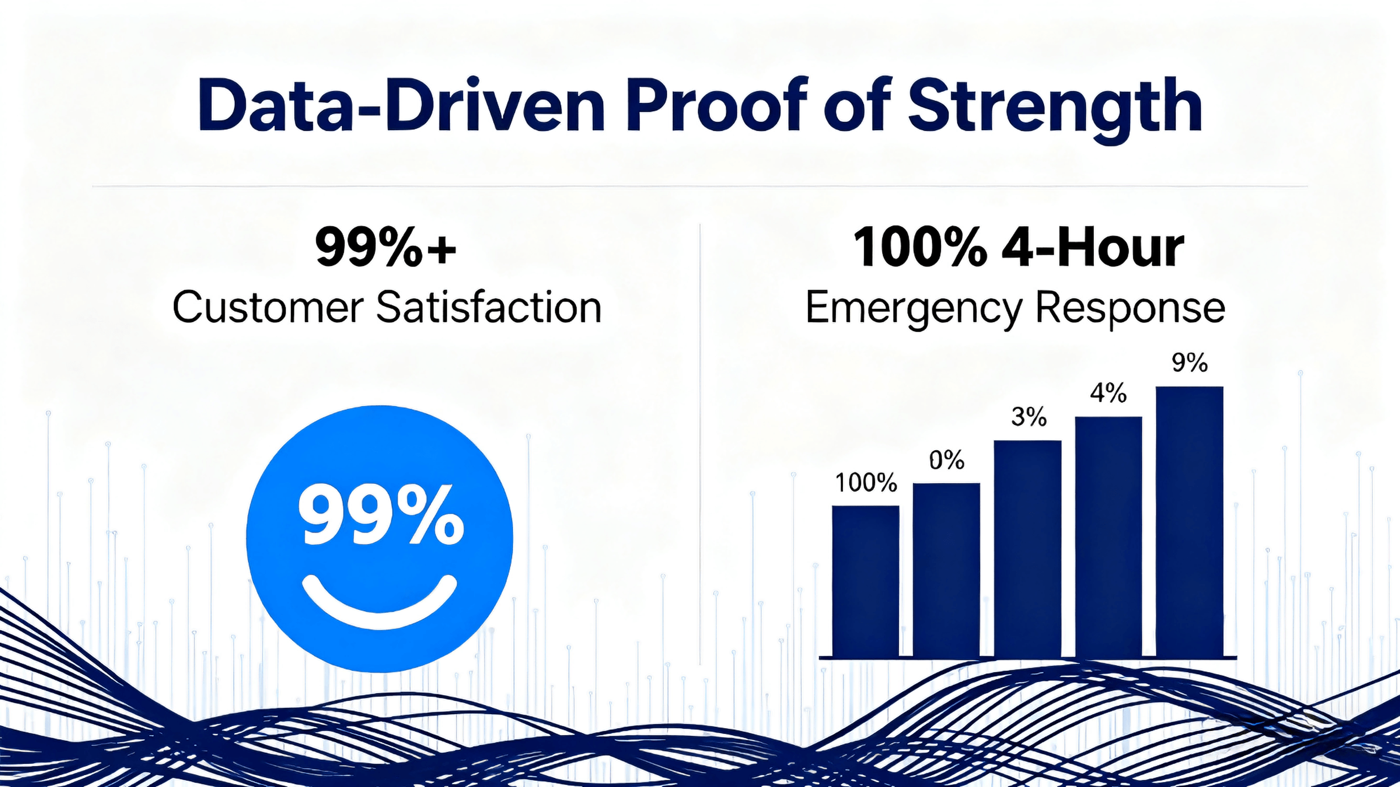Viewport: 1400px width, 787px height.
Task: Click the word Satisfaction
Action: click(x=489, y=308)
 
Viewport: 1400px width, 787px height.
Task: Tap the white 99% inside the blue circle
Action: click(x=381, y=516)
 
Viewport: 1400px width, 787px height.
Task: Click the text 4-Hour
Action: click(x=1092, y=248)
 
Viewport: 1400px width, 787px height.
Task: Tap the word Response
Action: click(x=1130, y=308)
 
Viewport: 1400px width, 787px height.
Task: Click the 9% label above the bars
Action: click(x=1189, y=363)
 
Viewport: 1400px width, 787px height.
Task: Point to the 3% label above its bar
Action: click(x=1028, y=417)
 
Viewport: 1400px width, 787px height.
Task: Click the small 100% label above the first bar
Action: click(x=865, y=482)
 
